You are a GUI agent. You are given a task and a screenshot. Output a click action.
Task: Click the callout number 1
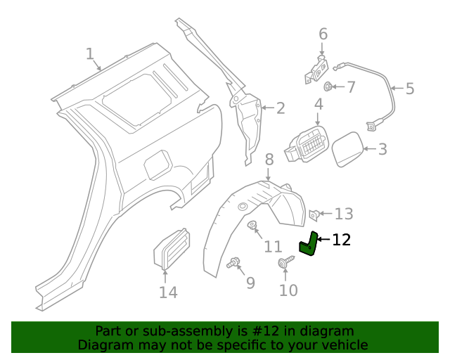pos(89,54)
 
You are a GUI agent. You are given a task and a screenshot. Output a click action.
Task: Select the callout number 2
pos(281,108)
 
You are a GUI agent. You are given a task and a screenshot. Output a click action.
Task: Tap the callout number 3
pos(382,149)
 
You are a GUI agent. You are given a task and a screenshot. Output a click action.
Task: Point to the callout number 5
pos(410,89)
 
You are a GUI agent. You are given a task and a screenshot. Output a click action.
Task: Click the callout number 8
pos(269,161)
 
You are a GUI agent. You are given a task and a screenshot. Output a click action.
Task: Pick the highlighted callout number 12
pos(341,240)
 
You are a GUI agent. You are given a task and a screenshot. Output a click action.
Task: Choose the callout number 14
pos(168,292)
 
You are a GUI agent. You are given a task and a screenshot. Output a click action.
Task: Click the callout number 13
pos(344,214)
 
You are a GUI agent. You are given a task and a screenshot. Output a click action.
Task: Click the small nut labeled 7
pos(328,87)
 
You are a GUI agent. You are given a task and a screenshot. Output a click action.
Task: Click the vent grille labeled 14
pos(170,248)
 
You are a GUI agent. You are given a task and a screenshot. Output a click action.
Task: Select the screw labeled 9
pos(233,264)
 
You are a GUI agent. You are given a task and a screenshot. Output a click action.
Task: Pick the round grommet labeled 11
pos(253,226)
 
